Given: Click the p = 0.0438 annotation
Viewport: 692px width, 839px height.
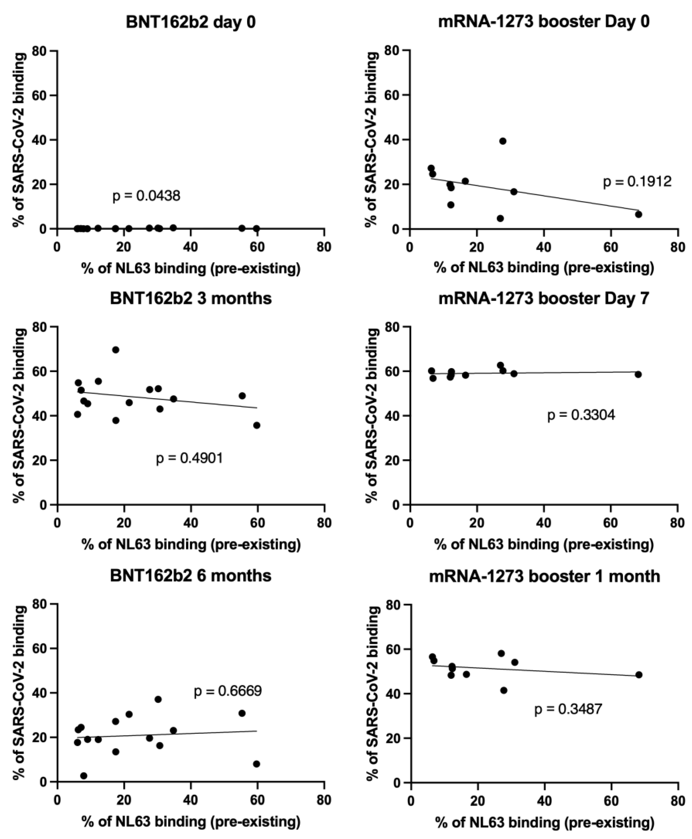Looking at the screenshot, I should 146,196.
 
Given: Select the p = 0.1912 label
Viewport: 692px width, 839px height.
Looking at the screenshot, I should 637,182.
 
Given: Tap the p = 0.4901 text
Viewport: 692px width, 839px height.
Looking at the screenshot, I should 189,458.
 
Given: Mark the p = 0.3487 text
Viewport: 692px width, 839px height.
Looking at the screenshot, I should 568,709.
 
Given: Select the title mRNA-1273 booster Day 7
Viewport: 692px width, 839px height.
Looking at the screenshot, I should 544,298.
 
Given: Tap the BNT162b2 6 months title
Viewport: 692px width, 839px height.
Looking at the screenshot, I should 191,576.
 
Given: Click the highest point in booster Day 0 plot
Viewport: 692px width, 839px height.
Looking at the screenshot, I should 503,141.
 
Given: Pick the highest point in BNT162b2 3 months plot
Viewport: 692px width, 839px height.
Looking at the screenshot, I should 116,350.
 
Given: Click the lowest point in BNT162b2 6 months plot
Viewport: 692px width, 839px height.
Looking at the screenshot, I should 84,776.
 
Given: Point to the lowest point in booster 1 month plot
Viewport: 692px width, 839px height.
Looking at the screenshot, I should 504,690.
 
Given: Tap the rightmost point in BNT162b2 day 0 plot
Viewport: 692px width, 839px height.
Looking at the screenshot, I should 257,229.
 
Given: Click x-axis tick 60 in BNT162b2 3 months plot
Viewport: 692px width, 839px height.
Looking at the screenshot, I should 258,523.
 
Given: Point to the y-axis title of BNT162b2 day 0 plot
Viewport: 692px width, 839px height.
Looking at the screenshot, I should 19,140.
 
